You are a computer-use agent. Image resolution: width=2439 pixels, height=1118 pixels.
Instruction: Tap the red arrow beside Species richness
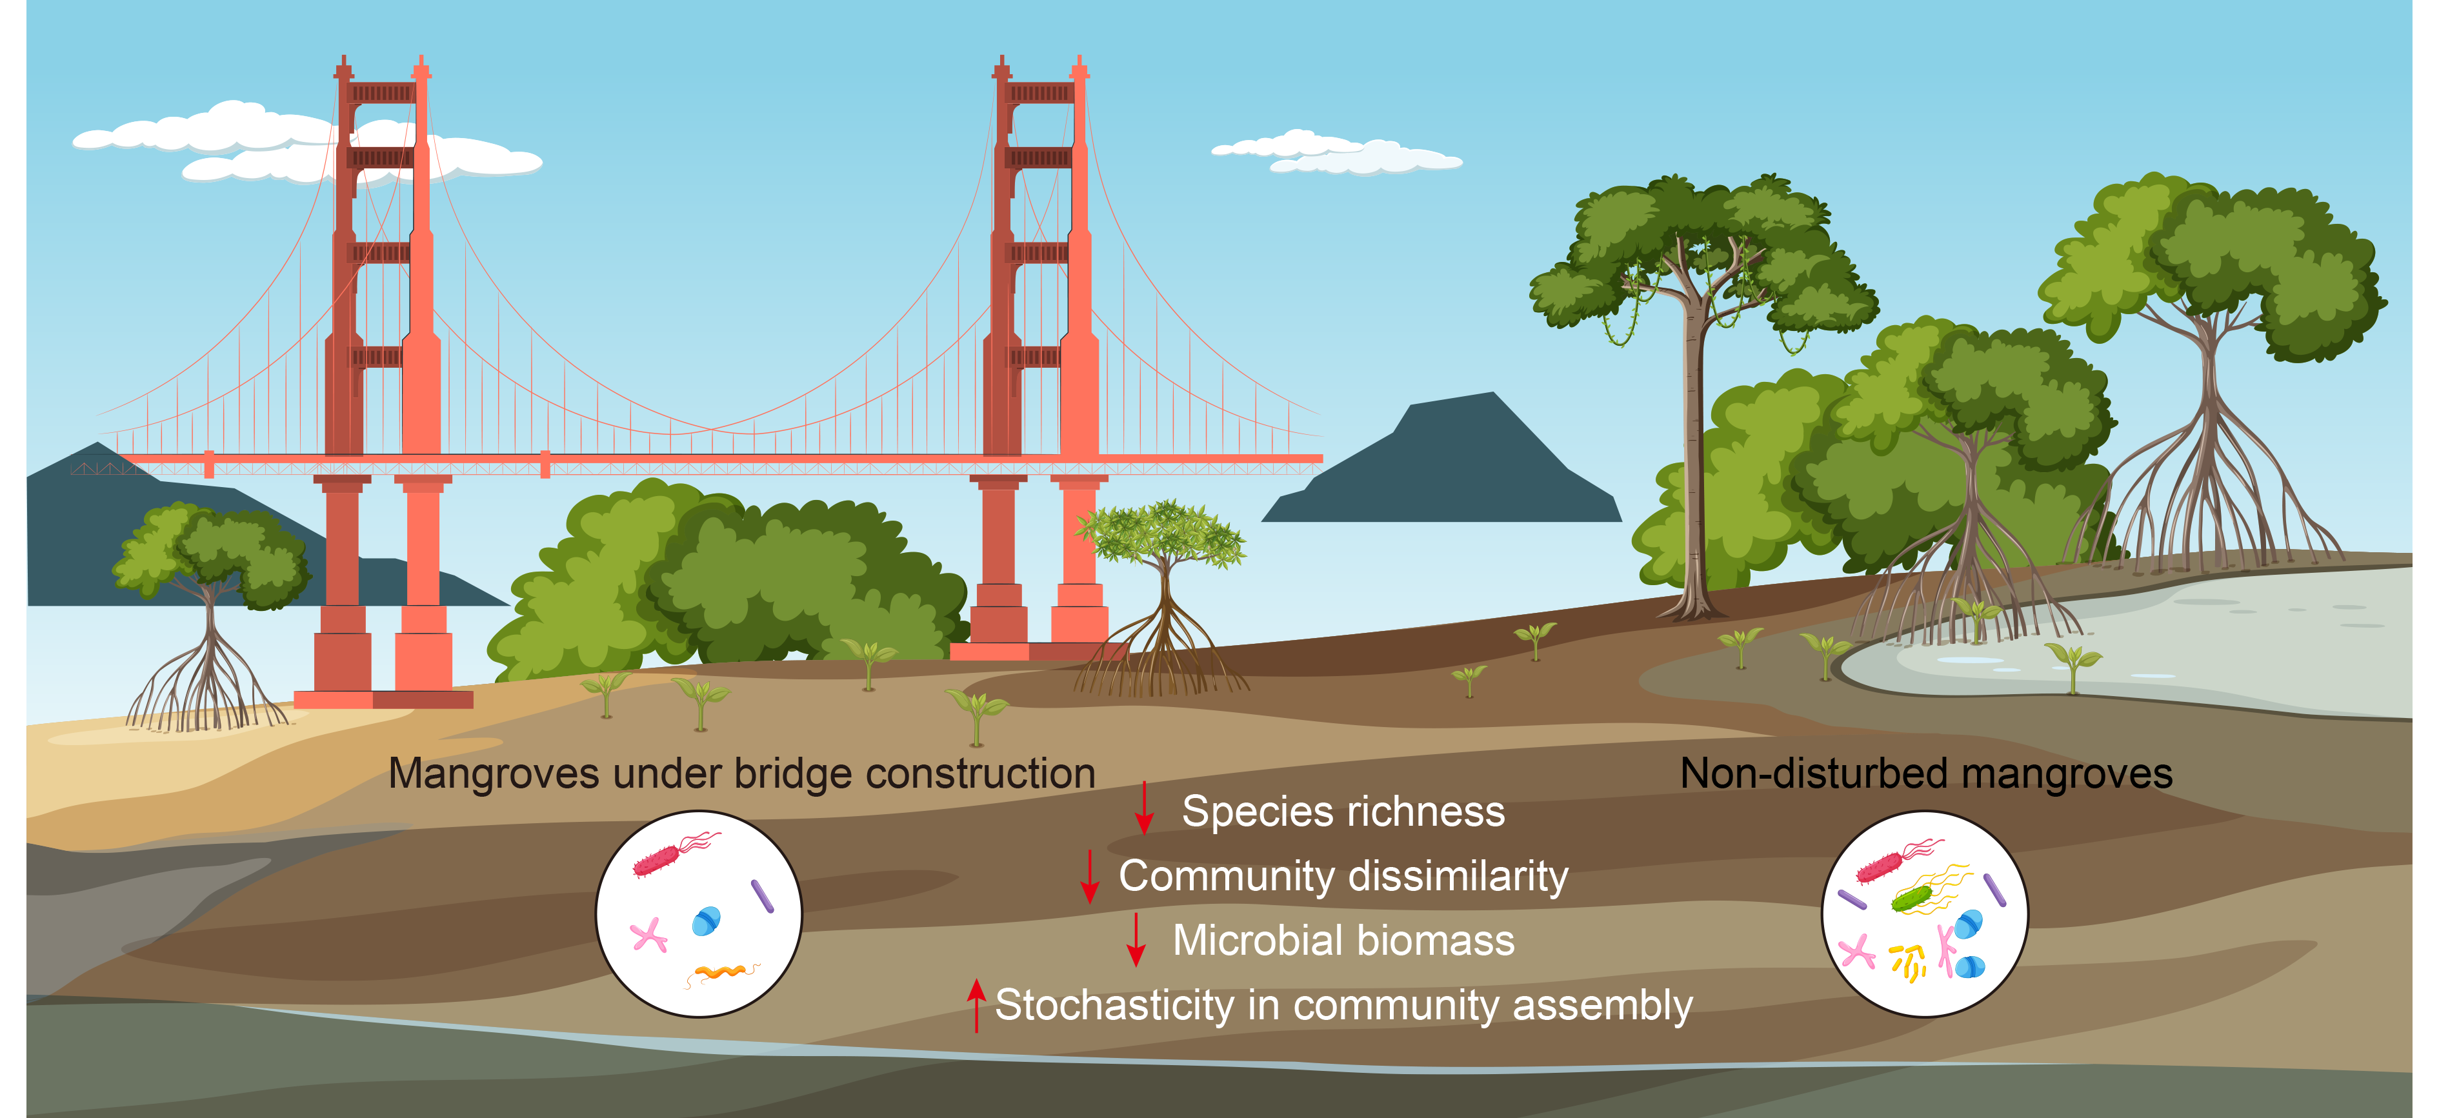(x=1144, y=808)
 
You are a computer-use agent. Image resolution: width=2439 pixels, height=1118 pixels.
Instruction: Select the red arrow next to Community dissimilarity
(x=1090, y=875)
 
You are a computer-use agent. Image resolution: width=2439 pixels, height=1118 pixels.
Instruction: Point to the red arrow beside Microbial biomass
(x=1136, y=939)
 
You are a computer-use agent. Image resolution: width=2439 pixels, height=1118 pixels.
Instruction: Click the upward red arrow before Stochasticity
(x=976, y=1005)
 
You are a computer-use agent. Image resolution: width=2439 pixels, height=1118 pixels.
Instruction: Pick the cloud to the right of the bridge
(x=1335, y=152)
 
